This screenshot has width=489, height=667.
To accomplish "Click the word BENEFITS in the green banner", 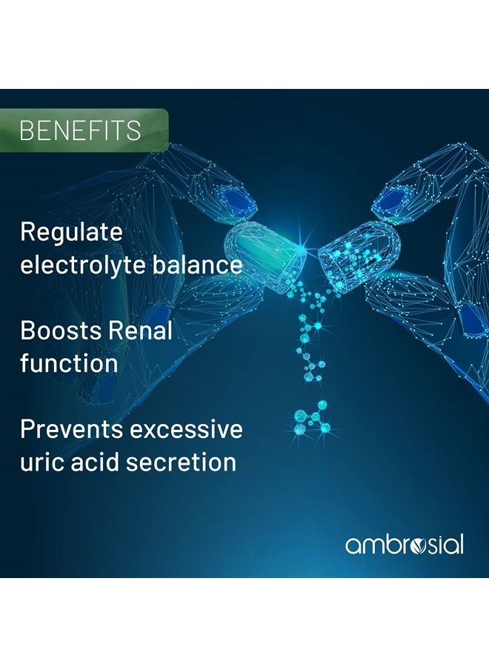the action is click(80, 130).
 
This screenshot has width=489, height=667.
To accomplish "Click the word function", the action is click(69, 364).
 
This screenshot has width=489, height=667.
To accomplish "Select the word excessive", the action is click(186, 430).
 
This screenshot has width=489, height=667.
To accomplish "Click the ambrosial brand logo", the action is click(404, 545).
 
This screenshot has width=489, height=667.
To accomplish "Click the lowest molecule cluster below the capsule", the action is click(312, 418).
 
